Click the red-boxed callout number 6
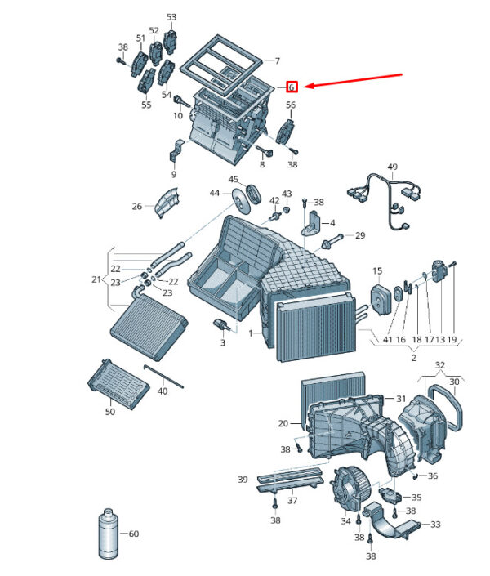[x=292, y=87]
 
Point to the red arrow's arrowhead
[x=309, y=86]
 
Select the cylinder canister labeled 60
[x=109, y=534]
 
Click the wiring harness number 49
[x=392, y=167]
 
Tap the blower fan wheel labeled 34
[x=347, y=489]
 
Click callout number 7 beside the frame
[x=278, y=60]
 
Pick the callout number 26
[x=136, y=206]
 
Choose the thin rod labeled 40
[x=163, y=376]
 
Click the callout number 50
[x=110, y=412]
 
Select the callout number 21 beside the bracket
[x=96, y=279]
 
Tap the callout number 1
[x=251, y=333]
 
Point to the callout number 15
[x=377, y=271]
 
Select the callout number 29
[x=360, y=235]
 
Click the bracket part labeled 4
[x=311, y=223]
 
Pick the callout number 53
[x=171, y=17]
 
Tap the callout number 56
[x=291, y=105]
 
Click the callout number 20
[x=283, y=423]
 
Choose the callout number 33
[x=435, y=525]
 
